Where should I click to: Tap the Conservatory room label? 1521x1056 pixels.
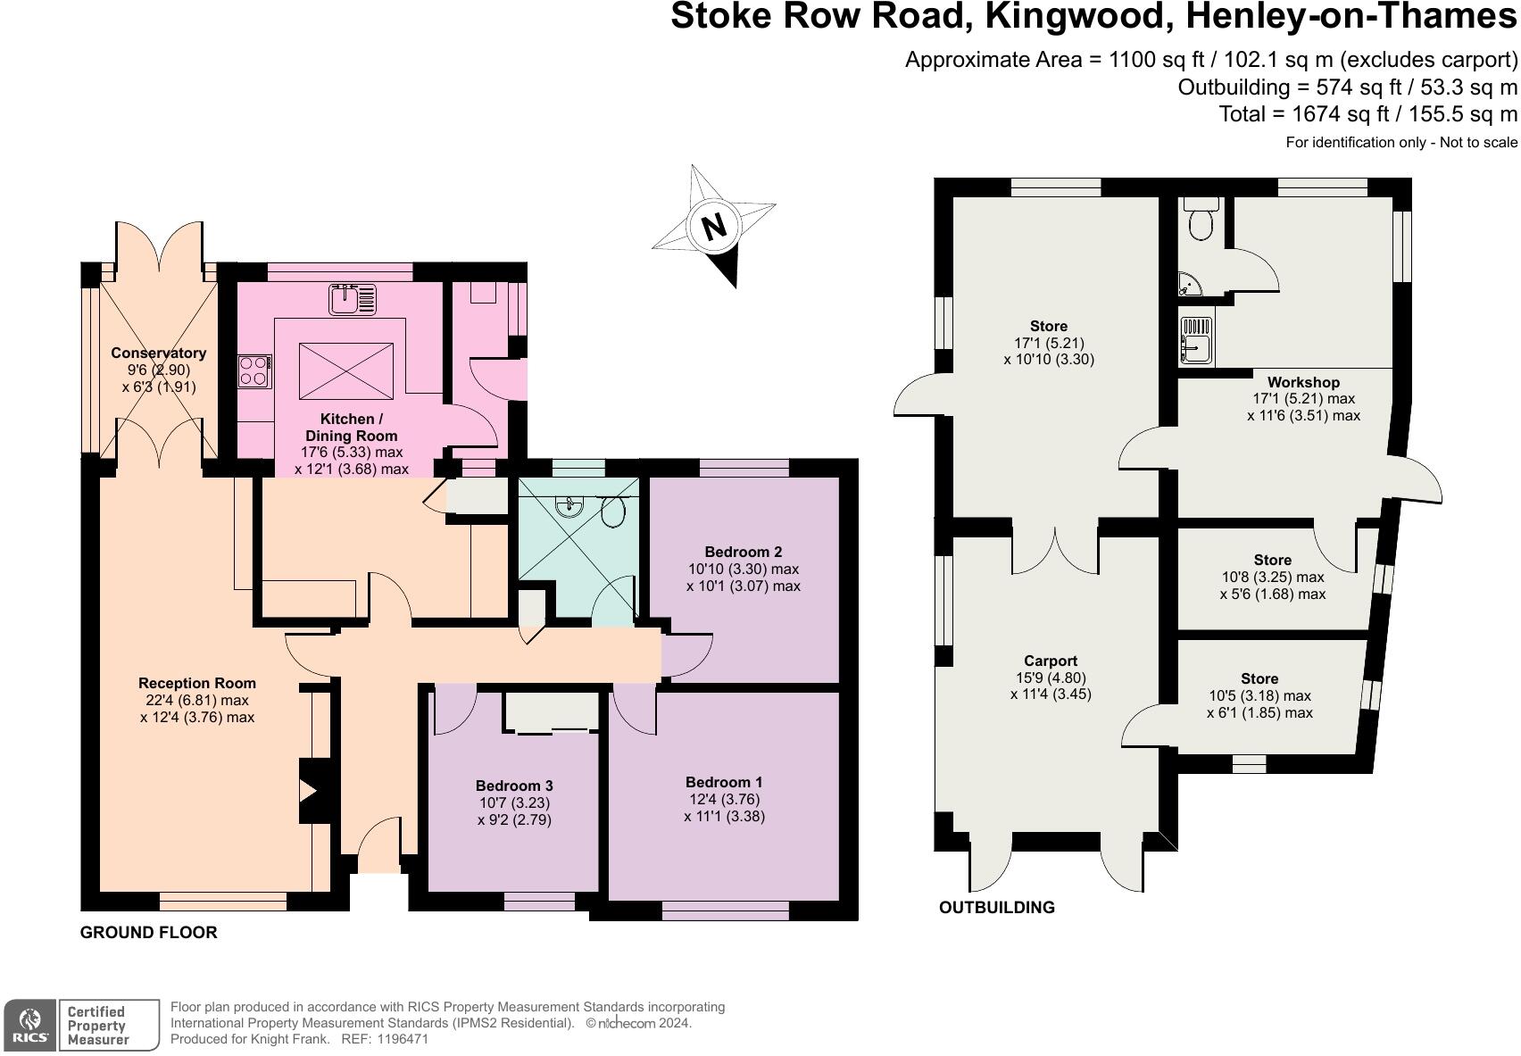tap(159, 353)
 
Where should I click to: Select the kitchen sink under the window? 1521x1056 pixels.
tap(353, 299)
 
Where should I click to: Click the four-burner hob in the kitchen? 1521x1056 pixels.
tap(255, 371)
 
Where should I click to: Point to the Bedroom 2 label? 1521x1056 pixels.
tap(743, 552)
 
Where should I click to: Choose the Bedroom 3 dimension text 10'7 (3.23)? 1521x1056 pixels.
tap(514, 802)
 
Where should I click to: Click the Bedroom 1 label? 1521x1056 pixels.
tap(724, 782)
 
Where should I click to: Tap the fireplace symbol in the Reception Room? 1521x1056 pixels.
tap(310, 791)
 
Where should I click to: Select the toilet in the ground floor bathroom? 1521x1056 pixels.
tap(613, 511)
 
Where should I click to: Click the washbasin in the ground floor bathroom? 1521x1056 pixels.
tap(569, 506)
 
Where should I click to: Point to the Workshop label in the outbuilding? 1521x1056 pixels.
tap(1303, 382)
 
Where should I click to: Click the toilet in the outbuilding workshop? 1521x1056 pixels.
tap(1199, 219)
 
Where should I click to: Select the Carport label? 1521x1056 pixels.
tap(1051, 661)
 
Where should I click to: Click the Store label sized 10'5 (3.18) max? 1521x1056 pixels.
tap(1259, 678)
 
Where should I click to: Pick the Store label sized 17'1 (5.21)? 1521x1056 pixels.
tap(1048, 326)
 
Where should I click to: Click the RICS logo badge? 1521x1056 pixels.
tap(31, 1025)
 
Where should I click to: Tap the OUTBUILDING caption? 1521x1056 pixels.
tap(996, 907)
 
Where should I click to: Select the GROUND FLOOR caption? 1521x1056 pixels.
tap(148, 932)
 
